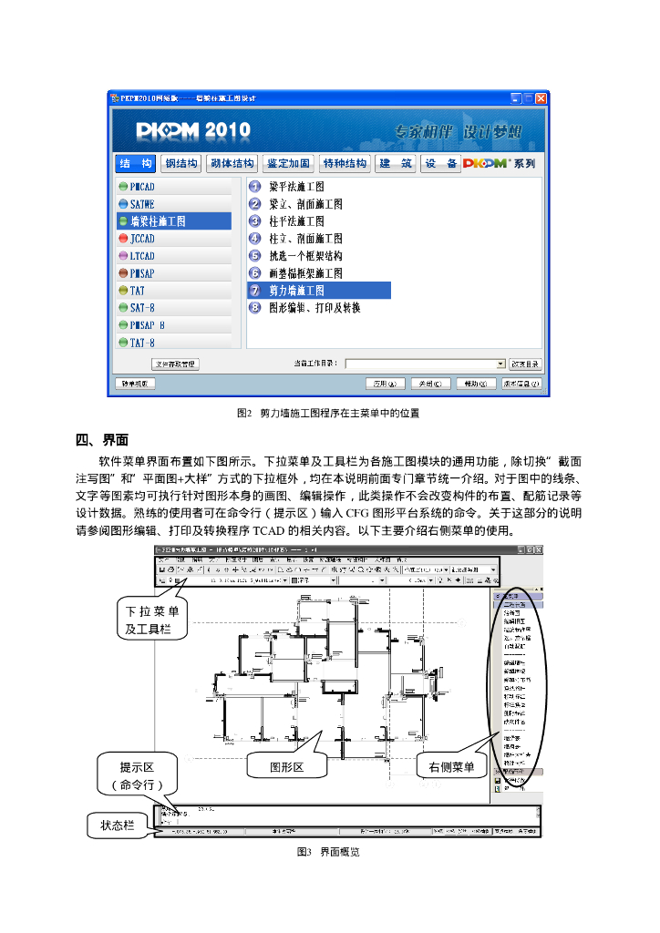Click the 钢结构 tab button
(x=180, y=164)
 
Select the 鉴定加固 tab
(x=288, y=164)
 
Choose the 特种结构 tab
(x=345, y=164)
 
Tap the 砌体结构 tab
(x=232, y=164)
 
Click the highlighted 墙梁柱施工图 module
(x=158, y=221)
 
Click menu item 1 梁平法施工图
(x=296, y=187)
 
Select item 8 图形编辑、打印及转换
(x=315, y=308)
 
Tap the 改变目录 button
(x=525, y=364)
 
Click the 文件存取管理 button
(x=175, y=364)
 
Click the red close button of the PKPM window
(x=541, y=97)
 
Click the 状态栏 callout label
(x=117, y=825)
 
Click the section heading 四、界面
(x=101, y=440)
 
